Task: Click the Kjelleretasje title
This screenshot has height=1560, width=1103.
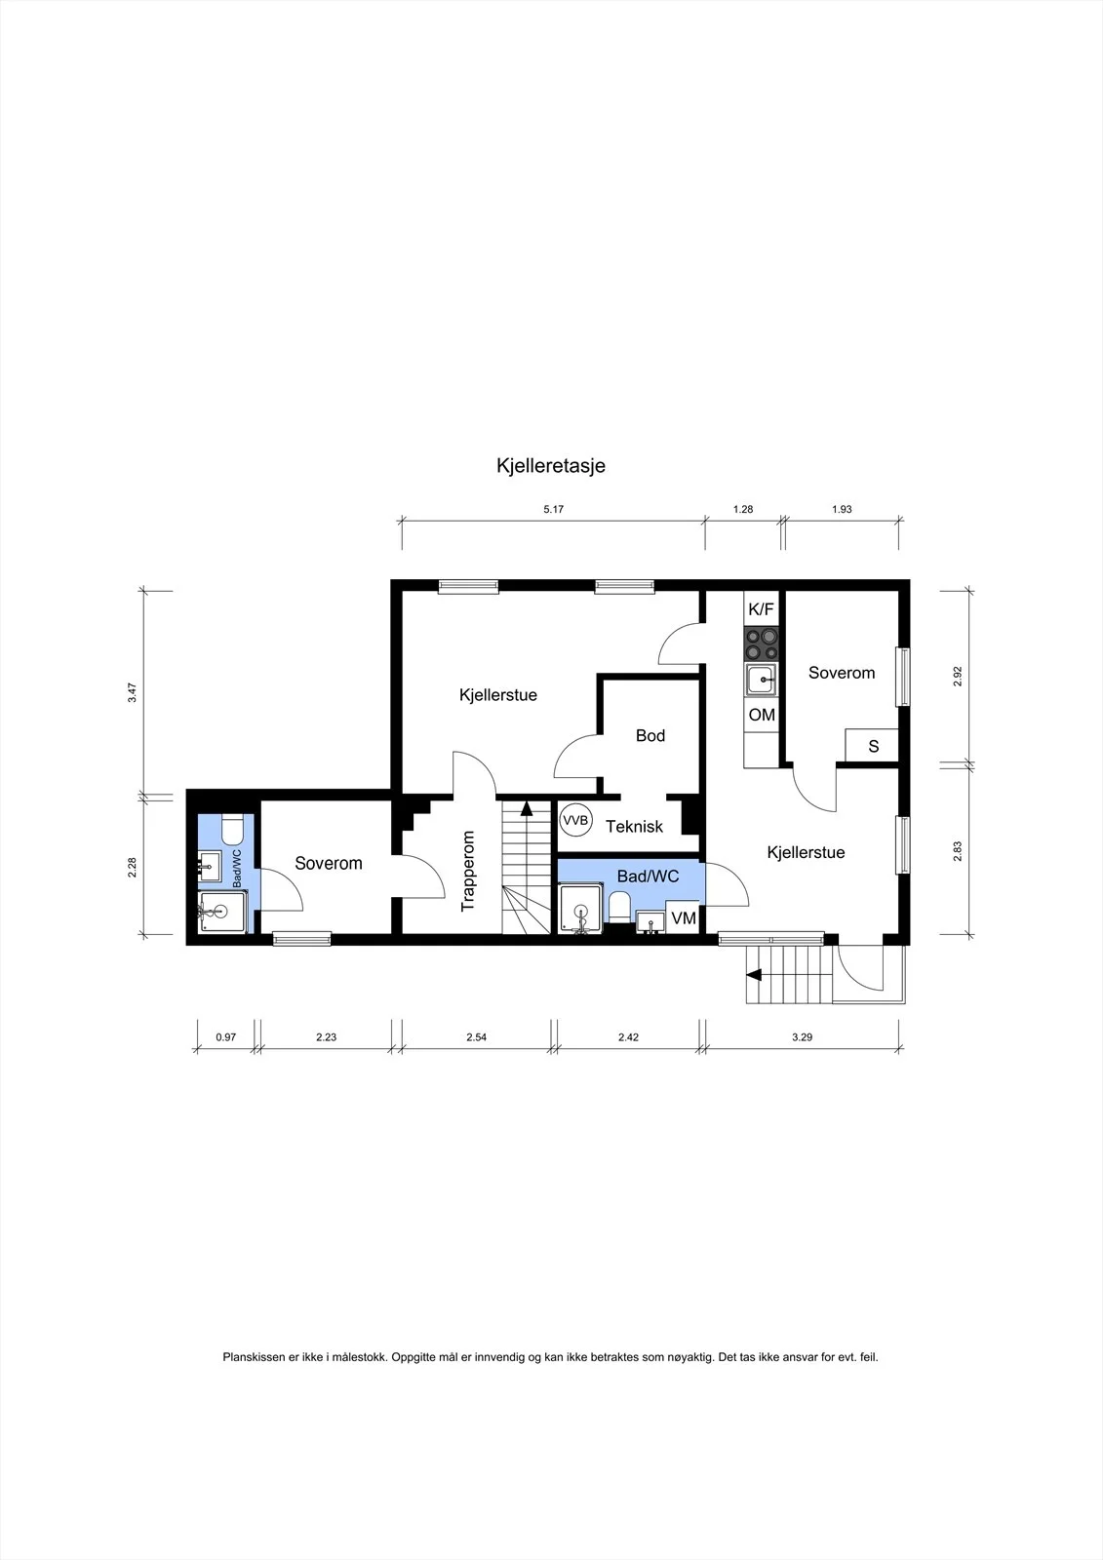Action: tap(550, 466)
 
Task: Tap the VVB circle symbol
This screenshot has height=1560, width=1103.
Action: tap(575, 821)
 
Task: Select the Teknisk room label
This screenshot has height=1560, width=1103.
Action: tap(634, 827)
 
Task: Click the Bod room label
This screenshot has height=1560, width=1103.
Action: tap(650, 735)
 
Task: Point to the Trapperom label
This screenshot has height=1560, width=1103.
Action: tap(467, 871)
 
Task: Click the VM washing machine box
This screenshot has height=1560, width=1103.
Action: tap(683, 917)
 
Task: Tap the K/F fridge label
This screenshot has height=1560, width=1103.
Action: tap(761, 609)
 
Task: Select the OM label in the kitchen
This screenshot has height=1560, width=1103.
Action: tap(762, 715)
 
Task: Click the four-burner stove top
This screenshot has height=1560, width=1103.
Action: tap(761, 644)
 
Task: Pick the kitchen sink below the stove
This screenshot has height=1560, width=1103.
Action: tap(761, 680)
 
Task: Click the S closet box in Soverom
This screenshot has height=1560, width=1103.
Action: tap(872, 746)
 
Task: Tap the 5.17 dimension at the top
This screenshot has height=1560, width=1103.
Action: tap(553, 509)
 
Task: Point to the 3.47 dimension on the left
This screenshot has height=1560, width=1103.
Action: tap(133, 693)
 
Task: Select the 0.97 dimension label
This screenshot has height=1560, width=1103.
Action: tap(225, 1037)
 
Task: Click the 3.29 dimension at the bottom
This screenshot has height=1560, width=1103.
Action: tap(802, 1037)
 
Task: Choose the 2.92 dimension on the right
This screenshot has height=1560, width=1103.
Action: tap(958, 677)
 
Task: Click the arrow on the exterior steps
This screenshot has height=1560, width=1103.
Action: tap(753, 975)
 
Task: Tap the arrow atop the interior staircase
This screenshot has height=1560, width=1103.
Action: tap(526, 808)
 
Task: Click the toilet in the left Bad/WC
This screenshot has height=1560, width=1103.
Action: tap(231, 830)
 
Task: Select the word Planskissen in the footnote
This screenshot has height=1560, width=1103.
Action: tap(255, 1357)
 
